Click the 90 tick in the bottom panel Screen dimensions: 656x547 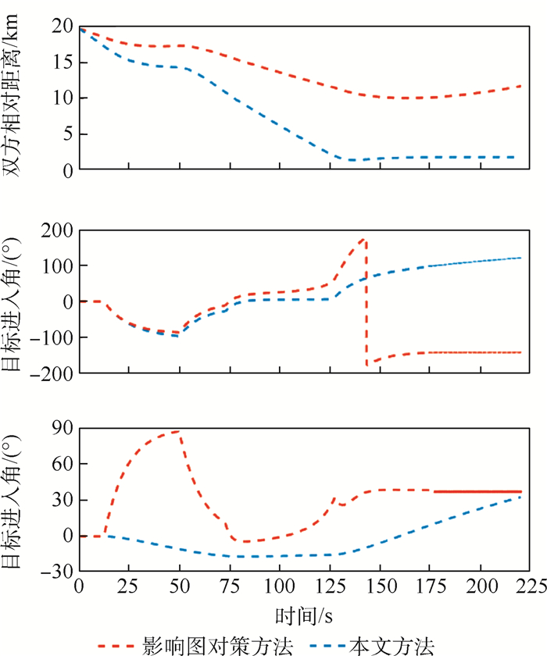61,428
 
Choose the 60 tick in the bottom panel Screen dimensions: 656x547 61,464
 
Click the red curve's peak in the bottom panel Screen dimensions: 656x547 179,431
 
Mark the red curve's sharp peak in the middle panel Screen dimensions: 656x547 365,239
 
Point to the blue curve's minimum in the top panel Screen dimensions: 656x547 353,160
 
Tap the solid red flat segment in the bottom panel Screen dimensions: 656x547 477,491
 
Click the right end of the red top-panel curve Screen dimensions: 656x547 520,86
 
